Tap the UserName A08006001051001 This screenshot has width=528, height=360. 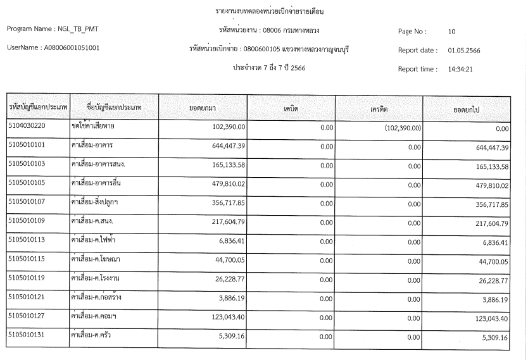click(x=53, y=47)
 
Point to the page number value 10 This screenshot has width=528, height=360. click(x=451, y=31)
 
